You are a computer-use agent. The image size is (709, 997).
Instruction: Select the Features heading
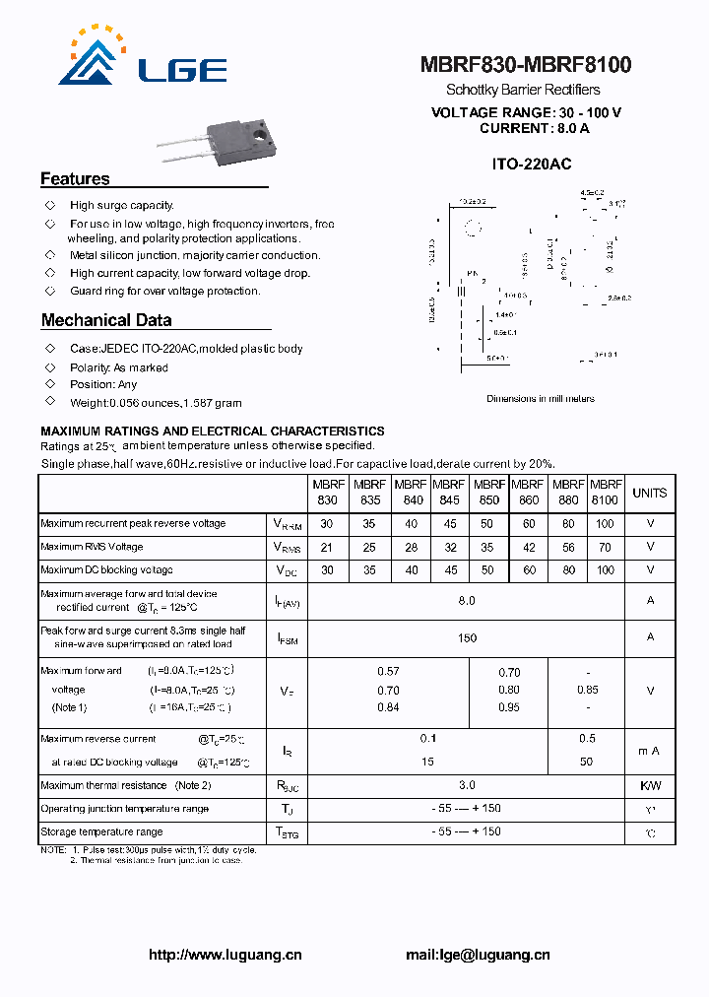(x=75, y=179)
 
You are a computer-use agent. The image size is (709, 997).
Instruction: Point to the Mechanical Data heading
(x=106, y=320)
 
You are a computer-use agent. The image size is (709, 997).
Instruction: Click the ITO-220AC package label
(x=532, y=165)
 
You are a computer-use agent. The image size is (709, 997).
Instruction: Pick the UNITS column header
(x=650, y=493)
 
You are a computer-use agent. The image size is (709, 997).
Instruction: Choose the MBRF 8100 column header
(x=605, y=493)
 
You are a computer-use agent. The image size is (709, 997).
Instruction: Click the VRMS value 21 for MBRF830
(x=327, y=547)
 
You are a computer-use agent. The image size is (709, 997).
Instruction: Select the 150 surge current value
(x=467, y=637)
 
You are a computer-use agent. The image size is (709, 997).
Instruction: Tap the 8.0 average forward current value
(x=467, y=600)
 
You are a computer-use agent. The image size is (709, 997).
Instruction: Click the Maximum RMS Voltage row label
(x=92, y=547)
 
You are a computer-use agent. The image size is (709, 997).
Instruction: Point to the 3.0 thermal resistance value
(x=467, y=785)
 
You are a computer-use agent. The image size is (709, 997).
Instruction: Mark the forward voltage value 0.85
(x=587, y=690)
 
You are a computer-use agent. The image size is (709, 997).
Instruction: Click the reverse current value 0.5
(x=587, y=738)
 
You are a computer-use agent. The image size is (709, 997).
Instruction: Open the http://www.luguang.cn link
(x=226, y=955)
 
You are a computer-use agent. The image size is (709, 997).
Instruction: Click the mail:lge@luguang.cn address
(x=478, y=955)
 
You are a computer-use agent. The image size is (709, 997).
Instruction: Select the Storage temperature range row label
(x=101, y=832)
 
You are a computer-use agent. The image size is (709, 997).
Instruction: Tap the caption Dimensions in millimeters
(x=541, y=399)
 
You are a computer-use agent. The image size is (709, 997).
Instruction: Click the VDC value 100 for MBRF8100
(x=605, y=570)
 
